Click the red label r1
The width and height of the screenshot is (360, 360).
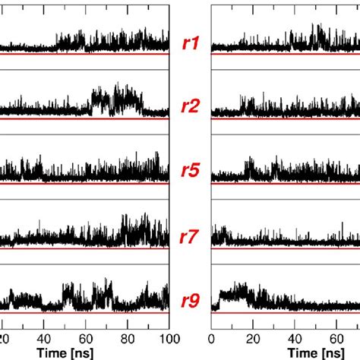(x=191, y=43)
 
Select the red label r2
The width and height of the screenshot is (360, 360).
(x=191, y=106)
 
